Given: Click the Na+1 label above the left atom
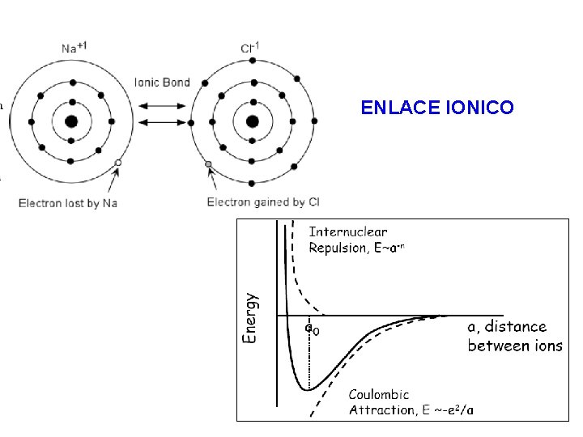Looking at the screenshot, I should coord(73,48).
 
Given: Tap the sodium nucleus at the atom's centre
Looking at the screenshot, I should coord(72,122).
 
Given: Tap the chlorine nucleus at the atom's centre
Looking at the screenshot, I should coord(252,122).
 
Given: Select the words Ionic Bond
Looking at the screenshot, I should coord(162,81).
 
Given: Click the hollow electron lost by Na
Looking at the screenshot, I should coord(118,163).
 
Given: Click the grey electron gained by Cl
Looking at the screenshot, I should coord(208,164).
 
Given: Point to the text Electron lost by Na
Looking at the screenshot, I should coord(68,202).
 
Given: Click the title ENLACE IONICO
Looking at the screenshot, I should coord(436,107).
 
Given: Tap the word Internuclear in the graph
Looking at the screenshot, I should coord(349,232).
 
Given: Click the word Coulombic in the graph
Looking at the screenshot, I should coord(380,395).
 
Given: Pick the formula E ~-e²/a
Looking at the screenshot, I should coord(448,409).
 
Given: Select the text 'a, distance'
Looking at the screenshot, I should coord(507,327).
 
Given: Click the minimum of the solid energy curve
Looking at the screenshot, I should coord(309,389).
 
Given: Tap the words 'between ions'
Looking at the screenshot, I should coord(515,346).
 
